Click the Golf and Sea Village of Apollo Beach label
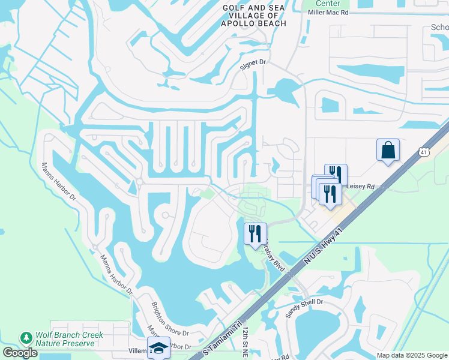[253, 16]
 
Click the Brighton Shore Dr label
[169, 320]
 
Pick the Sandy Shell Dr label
[304, 308]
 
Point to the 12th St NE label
[246, 343]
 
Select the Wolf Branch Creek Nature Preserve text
[65, 339]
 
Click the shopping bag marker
[388, 150]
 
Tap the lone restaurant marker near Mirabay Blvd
[255, 233]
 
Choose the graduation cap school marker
[158, 349]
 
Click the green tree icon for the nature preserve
[25, 338]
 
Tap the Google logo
[20, 353]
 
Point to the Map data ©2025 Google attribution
[411, 355]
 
